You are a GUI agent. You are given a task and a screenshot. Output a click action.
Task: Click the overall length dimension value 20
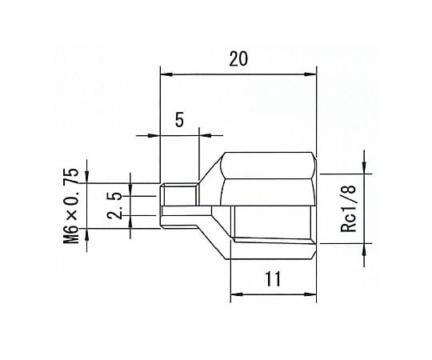pos(238,59)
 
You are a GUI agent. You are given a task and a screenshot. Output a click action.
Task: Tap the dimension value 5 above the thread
pos(179,120)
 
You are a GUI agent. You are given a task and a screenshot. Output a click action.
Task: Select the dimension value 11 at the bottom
pos(273,278)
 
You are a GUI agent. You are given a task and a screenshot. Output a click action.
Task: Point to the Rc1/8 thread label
pos(349,209)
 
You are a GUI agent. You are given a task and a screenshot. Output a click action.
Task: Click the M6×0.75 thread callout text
pos(71,206)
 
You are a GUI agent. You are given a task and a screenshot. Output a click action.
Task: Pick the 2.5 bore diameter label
pos(114,206)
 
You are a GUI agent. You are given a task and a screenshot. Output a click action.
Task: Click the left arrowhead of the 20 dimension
pos(166,74)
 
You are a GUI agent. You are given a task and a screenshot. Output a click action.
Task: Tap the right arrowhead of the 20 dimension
pos(310,74)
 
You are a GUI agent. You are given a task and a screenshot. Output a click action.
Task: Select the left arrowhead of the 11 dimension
pos(237,294)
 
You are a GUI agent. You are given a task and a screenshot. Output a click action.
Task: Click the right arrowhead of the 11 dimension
pos(310,294)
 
